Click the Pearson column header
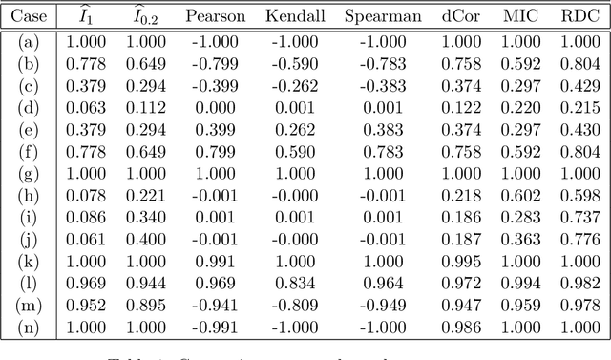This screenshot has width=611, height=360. (x=215, y=16)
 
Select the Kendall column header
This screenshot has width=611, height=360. (x=292, y=16)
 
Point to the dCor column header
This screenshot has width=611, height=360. (x=462, y=16)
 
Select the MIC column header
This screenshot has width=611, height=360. (x=520, y=16)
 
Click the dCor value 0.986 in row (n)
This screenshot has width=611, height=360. (x=462, y=328)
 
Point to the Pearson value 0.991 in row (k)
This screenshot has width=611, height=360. (x=215, y=262)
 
